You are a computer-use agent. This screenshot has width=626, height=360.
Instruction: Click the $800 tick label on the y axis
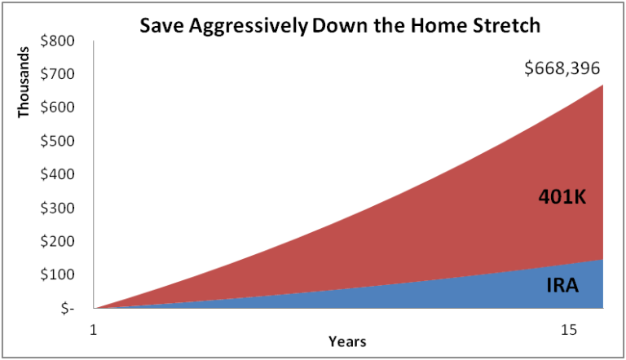click(x=57, y=41)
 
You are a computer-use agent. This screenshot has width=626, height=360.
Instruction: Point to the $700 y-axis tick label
click(x=57, y=74)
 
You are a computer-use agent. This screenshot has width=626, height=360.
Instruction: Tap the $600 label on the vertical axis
click(x=57, y=108)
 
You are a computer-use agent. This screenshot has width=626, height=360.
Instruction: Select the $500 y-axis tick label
click(x=57, y=141)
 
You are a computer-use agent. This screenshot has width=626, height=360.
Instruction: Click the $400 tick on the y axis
click(x=57, y=174)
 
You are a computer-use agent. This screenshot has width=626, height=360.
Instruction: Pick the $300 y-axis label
click(x=57, y=208)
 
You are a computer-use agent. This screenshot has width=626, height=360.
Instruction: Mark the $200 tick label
click(x=57, y=241)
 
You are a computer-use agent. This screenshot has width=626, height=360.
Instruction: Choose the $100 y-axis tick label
click(x=57, y=274)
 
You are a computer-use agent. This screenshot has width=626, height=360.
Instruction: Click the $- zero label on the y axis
click(x=68, y=309)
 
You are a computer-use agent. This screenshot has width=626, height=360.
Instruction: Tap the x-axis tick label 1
click(x=94, y=331)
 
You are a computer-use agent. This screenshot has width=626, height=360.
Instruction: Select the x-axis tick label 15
click(x=568, y=331)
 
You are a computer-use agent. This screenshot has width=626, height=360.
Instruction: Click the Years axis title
click(x=347, y=341)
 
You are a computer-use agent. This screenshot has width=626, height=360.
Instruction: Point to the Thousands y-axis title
click(x=24, y=82)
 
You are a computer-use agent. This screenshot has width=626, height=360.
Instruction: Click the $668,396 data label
click(x=562, y=68)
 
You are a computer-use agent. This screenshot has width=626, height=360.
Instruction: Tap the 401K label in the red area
click(x=562, y=197)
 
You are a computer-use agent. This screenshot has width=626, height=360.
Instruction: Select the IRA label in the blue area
click(x=562, y=286)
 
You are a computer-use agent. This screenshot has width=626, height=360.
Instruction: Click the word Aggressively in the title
click(x=249, y=27)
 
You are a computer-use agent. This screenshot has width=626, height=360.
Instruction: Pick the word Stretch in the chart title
click(x=506, y=26)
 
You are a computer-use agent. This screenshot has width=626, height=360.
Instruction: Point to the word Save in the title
click(x=161, y=26)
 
